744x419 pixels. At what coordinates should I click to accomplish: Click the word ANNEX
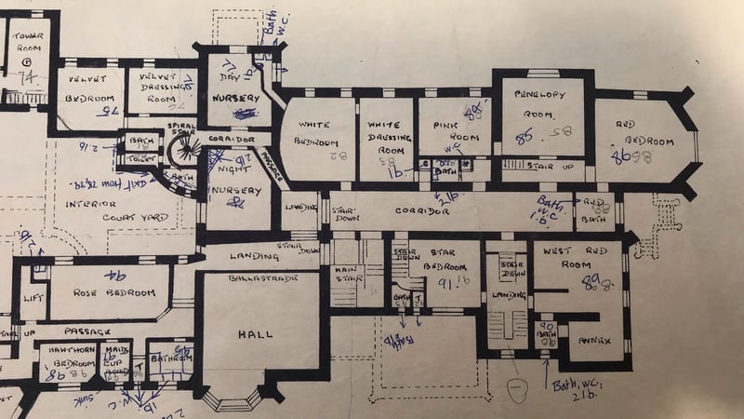click(x=594, y=341)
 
